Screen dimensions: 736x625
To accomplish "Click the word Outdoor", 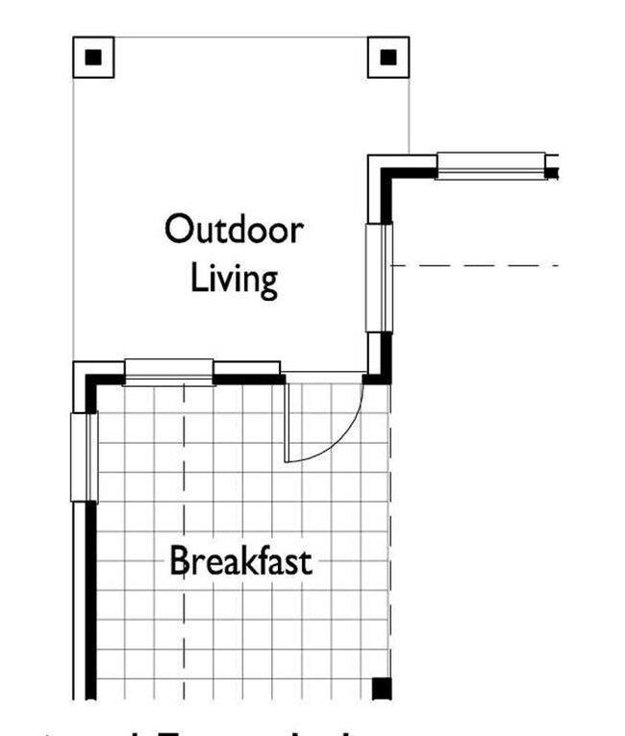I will (x=234, y=231).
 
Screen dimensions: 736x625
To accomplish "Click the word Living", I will (x=235, y=279).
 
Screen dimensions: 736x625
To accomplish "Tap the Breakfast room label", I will (x=240, y=560).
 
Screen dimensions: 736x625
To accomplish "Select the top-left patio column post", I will (x=93, y=57).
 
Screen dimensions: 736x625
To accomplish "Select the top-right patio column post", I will (x=388, y=57).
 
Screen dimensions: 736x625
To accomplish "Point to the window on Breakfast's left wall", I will (x=84, y=457).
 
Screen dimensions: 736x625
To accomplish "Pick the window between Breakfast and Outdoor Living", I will (x=169, y=371).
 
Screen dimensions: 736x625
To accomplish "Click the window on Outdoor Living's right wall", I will (x=380, y=277).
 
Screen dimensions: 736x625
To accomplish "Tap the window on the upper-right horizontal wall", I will (x=488, y=165).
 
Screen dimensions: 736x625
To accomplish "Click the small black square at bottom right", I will (x=382, y=688).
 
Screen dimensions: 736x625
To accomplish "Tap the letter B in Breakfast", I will (x=179, y=560).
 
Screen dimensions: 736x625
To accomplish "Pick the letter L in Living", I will (x=199, y=279).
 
